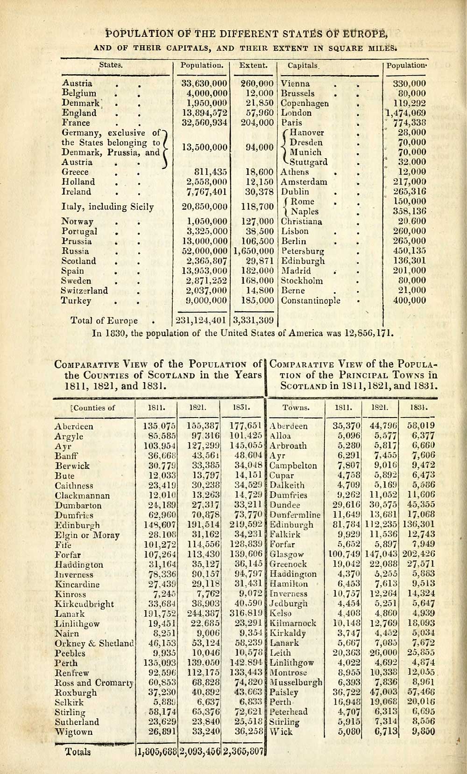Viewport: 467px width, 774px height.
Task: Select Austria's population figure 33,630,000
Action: [204, 84]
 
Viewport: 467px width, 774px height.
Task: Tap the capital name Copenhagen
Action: [304, 104]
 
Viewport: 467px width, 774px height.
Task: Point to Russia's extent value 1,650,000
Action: [253, 251]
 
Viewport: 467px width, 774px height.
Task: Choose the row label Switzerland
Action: [85, 291]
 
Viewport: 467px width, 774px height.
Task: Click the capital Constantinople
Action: [310, 300]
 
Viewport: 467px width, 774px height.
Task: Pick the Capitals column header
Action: [303, 66]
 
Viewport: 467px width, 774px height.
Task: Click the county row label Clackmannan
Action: [82, 495]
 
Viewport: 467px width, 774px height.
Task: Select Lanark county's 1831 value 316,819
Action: [244, 614]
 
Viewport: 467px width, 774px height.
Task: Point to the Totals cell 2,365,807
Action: [244, 752]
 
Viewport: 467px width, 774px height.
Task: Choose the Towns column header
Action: [295, 408]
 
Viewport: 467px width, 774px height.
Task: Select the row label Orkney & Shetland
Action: [93, 643]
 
